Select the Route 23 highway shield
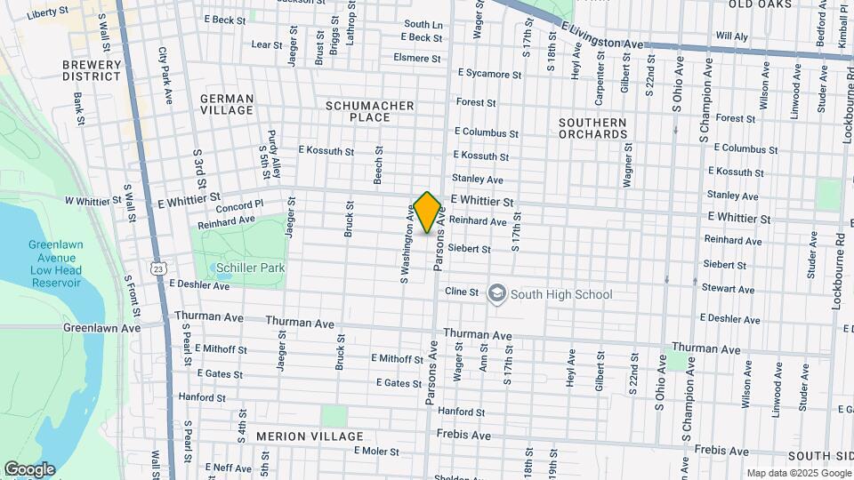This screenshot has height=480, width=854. pos(157,268)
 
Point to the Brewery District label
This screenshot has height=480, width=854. pos(92,70)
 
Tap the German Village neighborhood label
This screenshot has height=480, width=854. pos(227,105)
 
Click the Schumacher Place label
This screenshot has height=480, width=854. pos(370,111)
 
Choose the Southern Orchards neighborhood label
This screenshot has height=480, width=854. pos(592,128)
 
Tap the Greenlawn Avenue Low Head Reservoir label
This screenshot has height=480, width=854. pos(55,263)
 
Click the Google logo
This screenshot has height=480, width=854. pos(29,469)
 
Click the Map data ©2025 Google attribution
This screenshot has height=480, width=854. pos(797,473)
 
